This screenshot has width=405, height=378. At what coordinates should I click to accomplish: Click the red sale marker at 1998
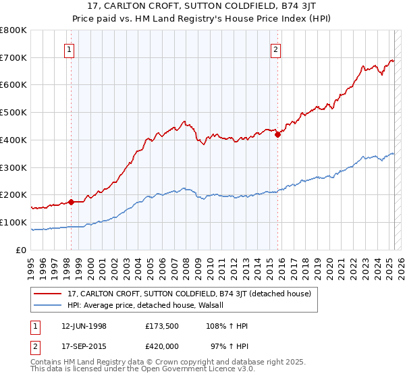(x=71, y=202)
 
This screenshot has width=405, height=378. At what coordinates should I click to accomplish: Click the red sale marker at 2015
(x=277, y=134)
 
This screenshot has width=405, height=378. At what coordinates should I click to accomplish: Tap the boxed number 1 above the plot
(x=71, y=48)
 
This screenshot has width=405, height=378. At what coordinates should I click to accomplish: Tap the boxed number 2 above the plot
(x=276, y=48)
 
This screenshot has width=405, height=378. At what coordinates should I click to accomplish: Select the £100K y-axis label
(x=13, y=222)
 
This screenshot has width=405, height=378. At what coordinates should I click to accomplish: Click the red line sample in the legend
(x=47, y=294)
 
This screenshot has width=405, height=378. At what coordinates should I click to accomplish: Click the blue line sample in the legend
(x=47, y=305)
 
